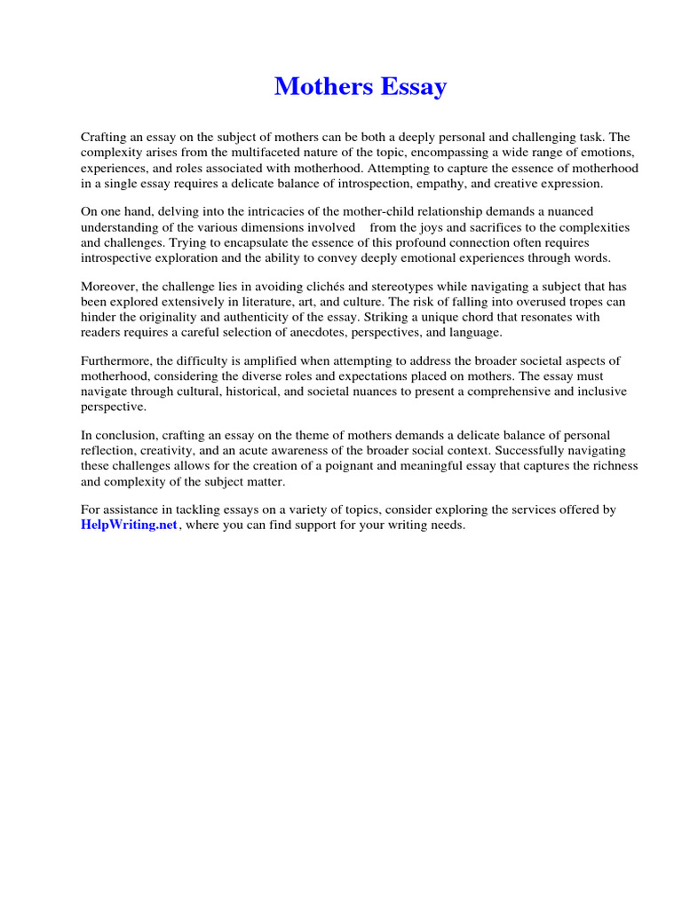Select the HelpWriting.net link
click(130, 526)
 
